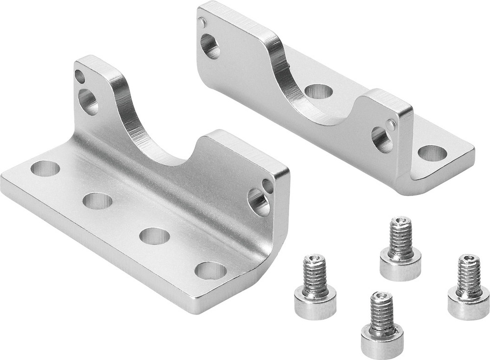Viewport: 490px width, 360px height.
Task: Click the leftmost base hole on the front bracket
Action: (x=45, y=168)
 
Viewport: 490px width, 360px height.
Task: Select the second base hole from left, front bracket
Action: (x=98, y=200)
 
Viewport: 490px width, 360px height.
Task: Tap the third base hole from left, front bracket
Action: (x=154, y=236)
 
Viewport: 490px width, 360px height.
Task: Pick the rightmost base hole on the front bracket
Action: (x=211, y=270)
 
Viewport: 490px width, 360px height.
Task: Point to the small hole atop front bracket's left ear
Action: (x=79, y=76)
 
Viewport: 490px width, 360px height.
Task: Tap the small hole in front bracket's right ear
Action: (x=268, y=186)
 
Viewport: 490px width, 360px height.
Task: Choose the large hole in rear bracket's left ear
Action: (x=210, y=47)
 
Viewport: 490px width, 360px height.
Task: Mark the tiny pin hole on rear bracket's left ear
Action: (x=202, y=22)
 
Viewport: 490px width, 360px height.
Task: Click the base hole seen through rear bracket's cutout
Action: (x=318, y=91)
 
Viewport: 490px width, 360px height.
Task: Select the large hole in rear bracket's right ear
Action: (x=381, y=140)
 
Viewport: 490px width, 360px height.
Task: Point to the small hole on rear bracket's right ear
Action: (x=391, y=124)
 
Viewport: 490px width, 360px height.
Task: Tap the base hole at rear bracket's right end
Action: (x=432, y=153)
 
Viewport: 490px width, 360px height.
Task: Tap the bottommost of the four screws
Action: (x=382, y=326)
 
